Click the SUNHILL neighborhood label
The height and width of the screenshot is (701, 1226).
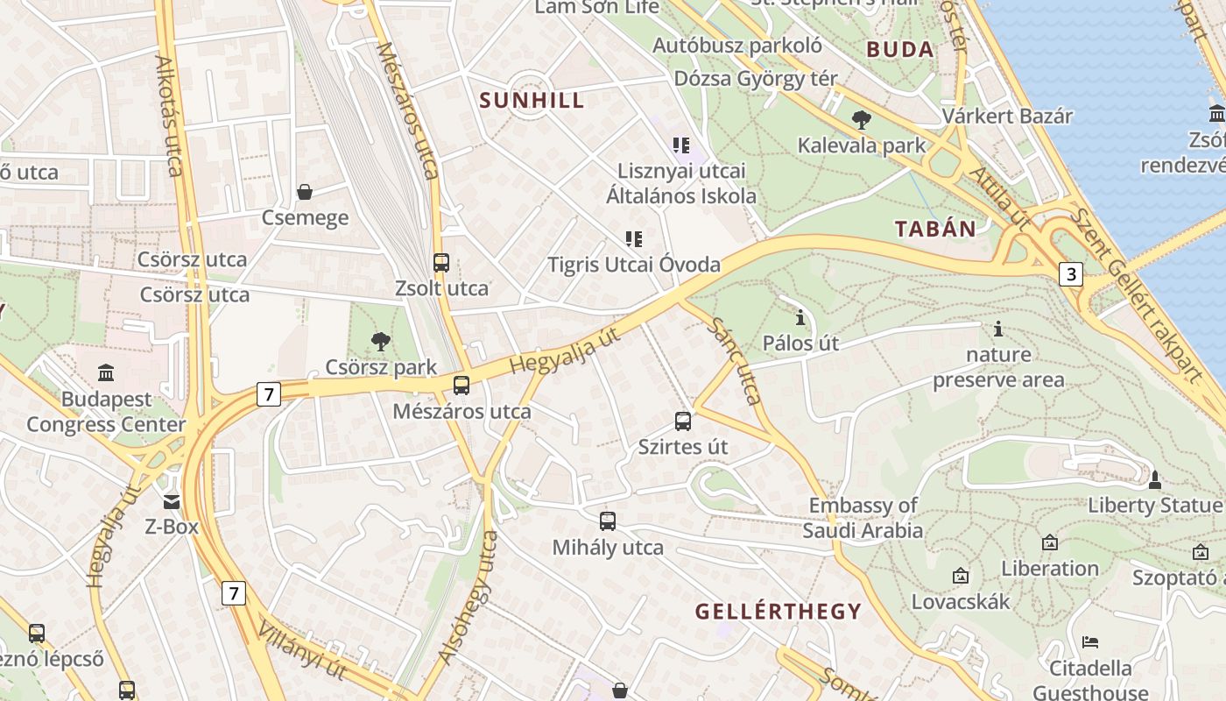click(x=532, y=100)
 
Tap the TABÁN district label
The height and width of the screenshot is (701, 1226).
click(x=935, y=230)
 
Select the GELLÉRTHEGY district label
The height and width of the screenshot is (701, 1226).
click(x=779, y=611)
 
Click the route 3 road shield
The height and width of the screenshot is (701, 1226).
click(x=1069, y=274)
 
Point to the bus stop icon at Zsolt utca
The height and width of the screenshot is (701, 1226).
click(x=441, y=262)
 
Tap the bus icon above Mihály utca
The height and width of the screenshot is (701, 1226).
click(x=608, y=521)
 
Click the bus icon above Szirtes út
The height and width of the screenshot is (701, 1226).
click(x=683, y=421)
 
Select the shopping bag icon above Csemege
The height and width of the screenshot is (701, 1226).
click(x=305, y=191)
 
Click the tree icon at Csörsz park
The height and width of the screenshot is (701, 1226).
click(x=380, y=341)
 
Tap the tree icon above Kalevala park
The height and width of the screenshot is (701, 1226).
click(x=861, y=119)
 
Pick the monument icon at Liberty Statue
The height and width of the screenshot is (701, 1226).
click(x=1155, y=479)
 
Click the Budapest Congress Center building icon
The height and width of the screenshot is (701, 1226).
click(x=106, y=372)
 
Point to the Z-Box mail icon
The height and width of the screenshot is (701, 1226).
click(x=172, y=501)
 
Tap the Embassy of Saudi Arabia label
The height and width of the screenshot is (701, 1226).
click(x=863, y=518)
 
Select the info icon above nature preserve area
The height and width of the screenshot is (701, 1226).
click(x=997, y=329)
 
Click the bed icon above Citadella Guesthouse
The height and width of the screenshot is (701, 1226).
click(x=1090, y=642)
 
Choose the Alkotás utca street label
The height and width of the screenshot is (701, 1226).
click(x=168, y=116)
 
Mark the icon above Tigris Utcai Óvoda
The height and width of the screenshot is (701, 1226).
click(x=634, y=238)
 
